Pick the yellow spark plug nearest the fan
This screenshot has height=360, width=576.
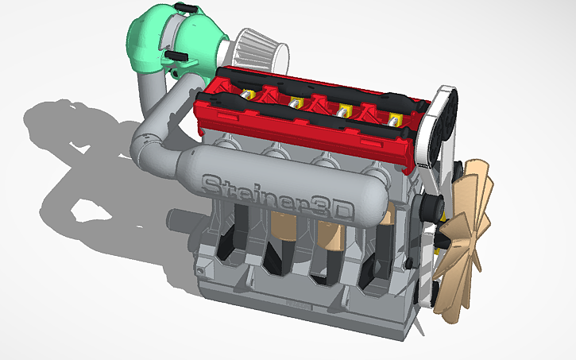click(395, 120)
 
